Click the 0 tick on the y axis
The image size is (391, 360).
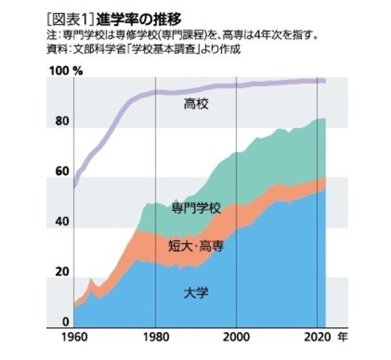(65, 322)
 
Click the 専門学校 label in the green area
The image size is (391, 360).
(196, 209)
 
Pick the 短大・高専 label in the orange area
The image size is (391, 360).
(196, 245)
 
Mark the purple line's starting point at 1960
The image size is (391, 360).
(74, 187)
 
